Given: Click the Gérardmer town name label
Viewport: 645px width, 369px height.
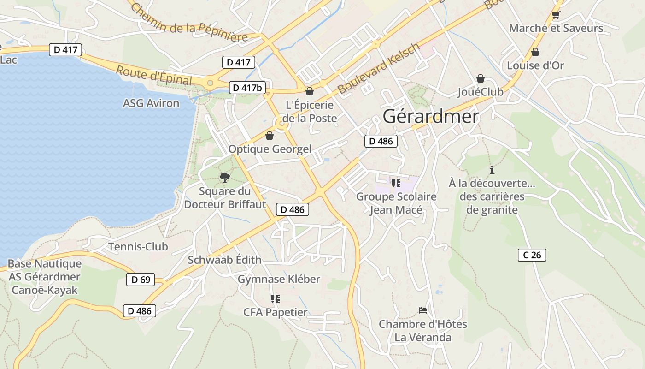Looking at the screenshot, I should click(431, 116).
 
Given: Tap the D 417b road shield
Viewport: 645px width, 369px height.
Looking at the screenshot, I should click(247, 88).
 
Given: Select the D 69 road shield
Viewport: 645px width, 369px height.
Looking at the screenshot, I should click(141, 280).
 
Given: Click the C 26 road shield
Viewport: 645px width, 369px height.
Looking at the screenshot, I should click(532, 255).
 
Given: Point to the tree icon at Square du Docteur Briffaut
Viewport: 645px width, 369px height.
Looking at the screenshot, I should click(224, 177).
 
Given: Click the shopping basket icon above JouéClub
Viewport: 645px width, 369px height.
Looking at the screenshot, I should click(481, 78).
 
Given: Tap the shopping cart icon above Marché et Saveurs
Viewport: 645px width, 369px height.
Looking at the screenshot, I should click(556, 15).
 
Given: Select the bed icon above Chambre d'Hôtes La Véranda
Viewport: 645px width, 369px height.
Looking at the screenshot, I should click(422, 310).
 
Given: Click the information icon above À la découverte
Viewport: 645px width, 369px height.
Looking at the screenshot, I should click(492, 170).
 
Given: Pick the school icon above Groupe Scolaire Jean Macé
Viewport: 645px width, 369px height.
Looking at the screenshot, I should click(396, 183).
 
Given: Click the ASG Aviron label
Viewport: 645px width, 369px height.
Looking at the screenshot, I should click(151, 103).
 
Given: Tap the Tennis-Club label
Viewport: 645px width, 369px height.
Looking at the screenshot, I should click(138, 247).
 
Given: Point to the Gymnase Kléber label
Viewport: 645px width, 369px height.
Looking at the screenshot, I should click(279, 279).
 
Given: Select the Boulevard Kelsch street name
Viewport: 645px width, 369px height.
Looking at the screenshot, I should click(379, 69).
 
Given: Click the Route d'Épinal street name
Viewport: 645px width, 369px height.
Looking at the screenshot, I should click(153, 76).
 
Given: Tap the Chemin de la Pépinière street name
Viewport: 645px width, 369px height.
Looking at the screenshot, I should click(189, 23).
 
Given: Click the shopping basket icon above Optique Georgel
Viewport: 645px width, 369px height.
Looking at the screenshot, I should click(270, 136).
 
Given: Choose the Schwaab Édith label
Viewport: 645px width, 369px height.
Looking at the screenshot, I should click(224, 260).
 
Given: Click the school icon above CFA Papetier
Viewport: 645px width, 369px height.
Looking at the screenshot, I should click(276, 299).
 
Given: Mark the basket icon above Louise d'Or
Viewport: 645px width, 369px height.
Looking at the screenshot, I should click(535, 52).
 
